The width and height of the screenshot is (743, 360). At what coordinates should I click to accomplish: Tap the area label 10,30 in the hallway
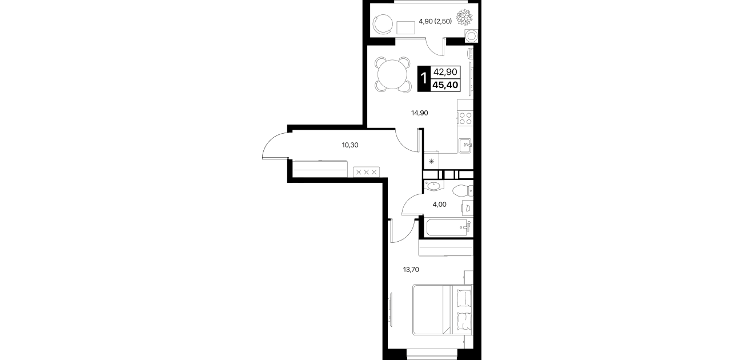[x=350, y=145]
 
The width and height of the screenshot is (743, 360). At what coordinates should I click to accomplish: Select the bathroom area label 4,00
[x=440, y=205]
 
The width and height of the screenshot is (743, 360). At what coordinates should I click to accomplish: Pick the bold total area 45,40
[x=445, y=85]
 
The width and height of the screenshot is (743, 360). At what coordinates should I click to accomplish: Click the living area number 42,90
[x=445, y=71]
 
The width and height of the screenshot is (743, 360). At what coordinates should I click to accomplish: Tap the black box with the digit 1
[x=423, y=79]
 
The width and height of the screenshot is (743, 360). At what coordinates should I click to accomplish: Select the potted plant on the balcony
[x=464, y=18]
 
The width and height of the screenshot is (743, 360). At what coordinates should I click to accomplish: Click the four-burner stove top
[x=465, y=118]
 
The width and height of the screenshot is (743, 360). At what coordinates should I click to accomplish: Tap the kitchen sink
[x=465, y=146]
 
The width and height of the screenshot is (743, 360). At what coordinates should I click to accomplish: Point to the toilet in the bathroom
[x=463, y=191]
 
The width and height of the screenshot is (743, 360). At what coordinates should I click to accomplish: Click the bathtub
[x=449, y=227]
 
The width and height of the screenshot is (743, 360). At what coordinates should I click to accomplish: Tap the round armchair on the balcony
[x=383, y=24]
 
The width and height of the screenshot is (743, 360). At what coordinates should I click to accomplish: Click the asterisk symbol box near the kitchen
[x=432, y=161]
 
